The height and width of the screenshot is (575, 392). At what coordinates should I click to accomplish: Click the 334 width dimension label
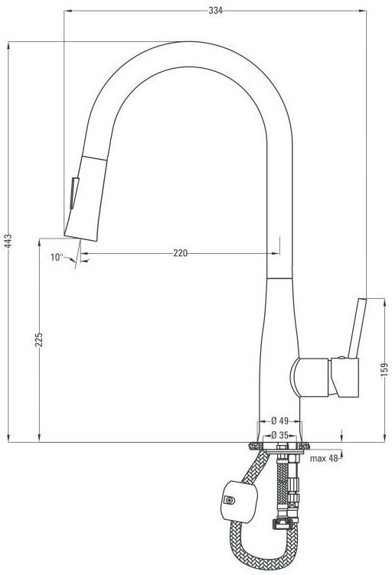pos(215,11)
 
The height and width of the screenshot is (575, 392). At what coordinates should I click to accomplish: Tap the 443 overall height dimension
pos(8,241)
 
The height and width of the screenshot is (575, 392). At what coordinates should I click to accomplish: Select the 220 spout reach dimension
pos(180,253)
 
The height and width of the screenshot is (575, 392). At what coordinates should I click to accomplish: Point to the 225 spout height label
pos(39,339)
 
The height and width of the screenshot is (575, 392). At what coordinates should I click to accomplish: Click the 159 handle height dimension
pos(384,370)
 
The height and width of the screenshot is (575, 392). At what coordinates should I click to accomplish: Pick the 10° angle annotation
pos(57,257)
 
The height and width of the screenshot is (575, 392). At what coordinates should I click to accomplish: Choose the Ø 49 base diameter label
pos(280,421)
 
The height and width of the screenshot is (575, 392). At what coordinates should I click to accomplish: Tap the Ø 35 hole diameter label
pos(280,435)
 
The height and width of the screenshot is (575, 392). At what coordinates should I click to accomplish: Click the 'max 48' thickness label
pos(324,458)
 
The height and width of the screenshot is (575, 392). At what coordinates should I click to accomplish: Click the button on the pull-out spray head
pos(74,193)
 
